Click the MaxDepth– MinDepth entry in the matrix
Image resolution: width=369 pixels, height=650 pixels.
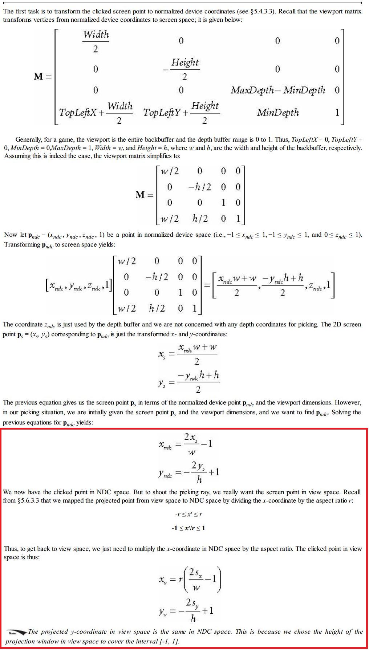(278, 90)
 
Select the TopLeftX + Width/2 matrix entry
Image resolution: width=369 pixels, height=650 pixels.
(96, 113)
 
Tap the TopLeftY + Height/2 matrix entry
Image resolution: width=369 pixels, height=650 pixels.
(181, 113)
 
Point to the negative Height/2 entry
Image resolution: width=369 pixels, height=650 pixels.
(182, 69)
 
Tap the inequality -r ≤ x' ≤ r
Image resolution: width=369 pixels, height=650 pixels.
(188, 514)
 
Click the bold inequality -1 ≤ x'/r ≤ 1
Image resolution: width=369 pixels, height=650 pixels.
(188, 528)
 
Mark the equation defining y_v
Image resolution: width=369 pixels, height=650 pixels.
(186, 610)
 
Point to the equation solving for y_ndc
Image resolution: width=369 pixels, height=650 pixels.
(188, 472)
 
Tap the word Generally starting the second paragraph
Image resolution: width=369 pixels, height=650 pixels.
(28, 139)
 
